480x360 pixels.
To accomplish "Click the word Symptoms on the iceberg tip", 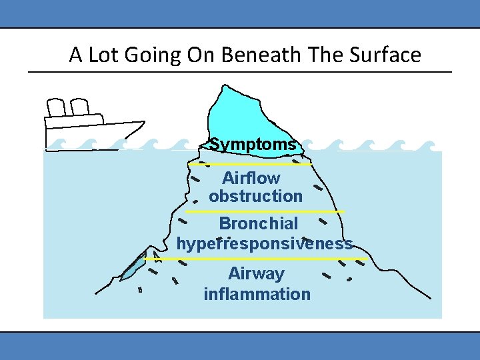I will pos(253,145).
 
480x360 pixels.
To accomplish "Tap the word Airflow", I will pos(251,179).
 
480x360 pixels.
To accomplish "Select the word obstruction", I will pos(255,197).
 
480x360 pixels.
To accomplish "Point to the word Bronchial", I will pos(259,223).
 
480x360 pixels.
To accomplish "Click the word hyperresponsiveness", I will pos(264,244).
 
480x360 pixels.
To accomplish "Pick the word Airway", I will pos(256,274).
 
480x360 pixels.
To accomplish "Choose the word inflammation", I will pos(257,294).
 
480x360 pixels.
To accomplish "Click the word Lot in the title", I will pos(101,55).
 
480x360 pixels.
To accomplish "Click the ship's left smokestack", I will pos(57,108).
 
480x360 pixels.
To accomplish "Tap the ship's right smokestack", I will pos(79,107).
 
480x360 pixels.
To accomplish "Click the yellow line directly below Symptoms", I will pos(249,163).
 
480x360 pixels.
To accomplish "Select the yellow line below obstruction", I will pos(265,212).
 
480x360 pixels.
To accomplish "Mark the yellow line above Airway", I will pos(272,258).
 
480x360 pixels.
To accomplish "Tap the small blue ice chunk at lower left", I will pos(133,267).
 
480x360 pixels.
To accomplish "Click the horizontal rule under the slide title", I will pos(240,71).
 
